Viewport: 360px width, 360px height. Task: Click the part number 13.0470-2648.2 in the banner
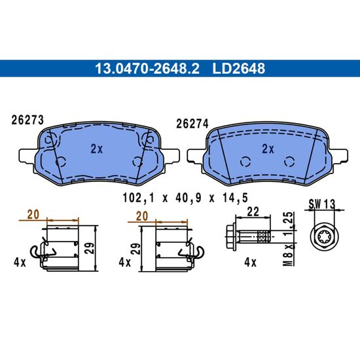(x=147, y=69)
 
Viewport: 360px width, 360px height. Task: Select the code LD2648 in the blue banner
(x=239, y=69)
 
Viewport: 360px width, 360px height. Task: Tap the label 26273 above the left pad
(x=27, y=120)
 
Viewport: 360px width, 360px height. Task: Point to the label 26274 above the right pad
(x=192, y=124)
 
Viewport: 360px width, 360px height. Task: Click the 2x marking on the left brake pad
(x=97, y=149)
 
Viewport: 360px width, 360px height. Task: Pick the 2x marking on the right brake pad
(x=268, y=149)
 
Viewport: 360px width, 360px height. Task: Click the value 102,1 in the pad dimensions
(x=139, y=198)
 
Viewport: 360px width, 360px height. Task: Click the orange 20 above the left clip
(x=33, y=215)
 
